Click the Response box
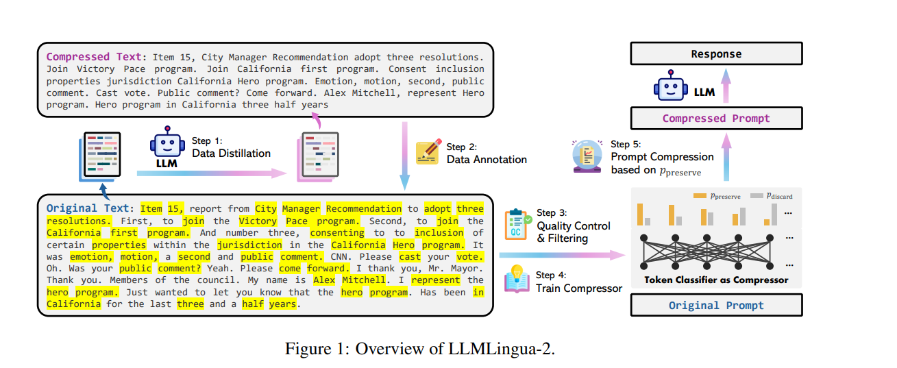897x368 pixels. [x=715, y=54]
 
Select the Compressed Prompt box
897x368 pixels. [x=715, y=119]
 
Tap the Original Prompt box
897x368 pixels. [x=715, y=305]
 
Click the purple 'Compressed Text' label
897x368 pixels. [x=95, y=57]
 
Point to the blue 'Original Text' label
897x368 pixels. [x=87, y=208]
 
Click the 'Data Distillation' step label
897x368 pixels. [x=231, y=154]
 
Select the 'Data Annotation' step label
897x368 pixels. [x=487, y=159]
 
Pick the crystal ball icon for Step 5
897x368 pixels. [x=586, y=156]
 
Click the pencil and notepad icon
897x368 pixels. [x=428, y=151]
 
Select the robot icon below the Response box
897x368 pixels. [x=670, y=86]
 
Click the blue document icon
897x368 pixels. [x=99, y=156]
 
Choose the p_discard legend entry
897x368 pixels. [x=771, y=196]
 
